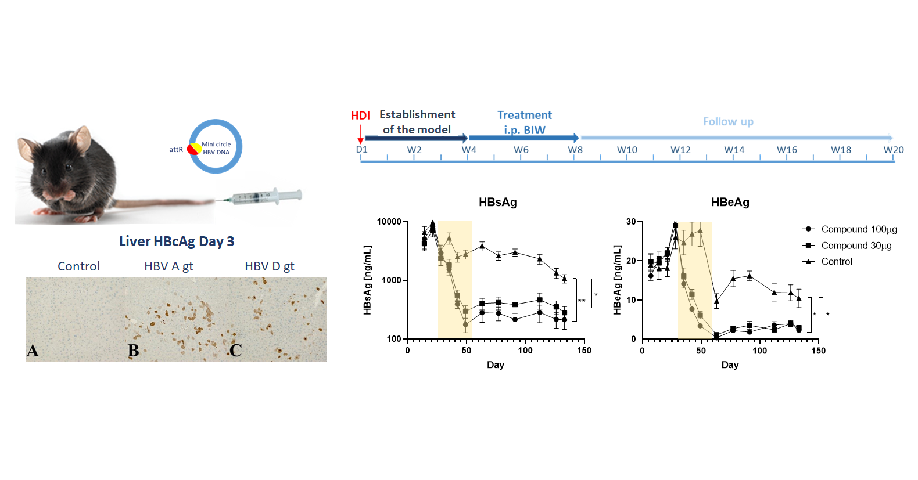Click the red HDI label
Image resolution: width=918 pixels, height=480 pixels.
[x=360, y=116]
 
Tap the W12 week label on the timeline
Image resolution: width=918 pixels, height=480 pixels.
[x=680, y=150]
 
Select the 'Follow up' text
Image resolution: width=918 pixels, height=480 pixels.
[x=728, y=121]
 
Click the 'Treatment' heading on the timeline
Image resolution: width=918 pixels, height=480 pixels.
[x=524, y=115]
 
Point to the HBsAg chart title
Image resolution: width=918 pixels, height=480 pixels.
[x=497, y=202]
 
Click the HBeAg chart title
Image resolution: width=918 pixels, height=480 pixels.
[x=730, y=202]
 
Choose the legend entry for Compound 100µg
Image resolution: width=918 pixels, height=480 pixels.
[x=859, y=229]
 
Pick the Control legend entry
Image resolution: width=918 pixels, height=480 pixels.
[x=837, y=262]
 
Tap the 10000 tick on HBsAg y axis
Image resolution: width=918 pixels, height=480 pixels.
[x=389, y=222]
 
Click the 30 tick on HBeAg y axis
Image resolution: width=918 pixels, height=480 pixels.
[x=631, y=222]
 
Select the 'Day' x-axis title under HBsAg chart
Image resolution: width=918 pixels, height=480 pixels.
[x=495, y=364]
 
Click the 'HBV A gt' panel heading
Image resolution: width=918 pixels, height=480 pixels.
[x=168, y=266]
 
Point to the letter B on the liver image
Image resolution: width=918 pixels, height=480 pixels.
[x=133, y=351]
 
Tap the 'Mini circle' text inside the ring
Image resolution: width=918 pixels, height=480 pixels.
[x=216, y=144]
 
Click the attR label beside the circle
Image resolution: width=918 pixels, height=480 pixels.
[x=175, y=150]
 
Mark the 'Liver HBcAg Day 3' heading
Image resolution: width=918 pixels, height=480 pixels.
[x=177, y=241]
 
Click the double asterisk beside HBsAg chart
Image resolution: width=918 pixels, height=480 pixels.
[x=582, y=301]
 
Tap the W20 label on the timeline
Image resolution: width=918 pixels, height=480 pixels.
[x=893, y=150]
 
